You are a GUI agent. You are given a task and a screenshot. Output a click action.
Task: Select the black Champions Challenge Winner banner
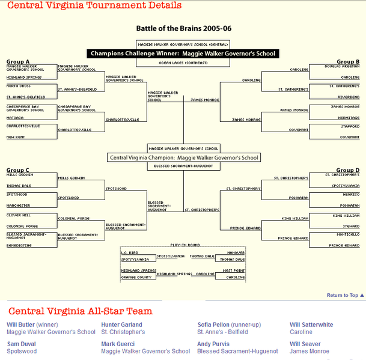coord(183,53)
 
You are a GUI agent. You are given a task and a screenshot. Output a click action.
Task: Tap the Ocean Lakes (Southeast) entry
coord(183,63)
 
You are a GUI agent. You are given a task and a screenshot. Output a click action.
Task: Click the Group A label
coord(18,61)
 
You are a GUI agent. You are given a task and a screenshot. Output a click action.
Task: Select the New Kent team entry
coord(16,136)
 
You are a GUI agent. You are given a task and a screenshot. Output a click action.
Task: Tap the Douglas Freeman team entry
coord(342,66)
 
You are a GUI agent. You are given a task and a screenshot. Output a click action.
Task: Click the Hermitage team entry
coord(349,117)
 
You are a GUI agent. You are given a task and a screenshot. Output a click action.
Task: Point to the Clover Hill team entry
coord(18,215)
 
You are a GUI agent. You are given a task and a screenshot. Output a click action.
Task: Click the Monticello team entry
coord(348,234)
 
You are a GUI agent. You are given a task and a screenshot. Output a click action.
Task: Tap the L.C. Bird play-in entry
coord(129,252)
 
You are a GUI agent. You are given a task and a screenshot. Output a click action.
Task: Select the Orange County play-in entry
coord(136,277)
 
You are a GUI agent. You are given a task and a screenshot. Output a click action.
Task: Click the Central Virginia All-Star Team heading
coord(80,311)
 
